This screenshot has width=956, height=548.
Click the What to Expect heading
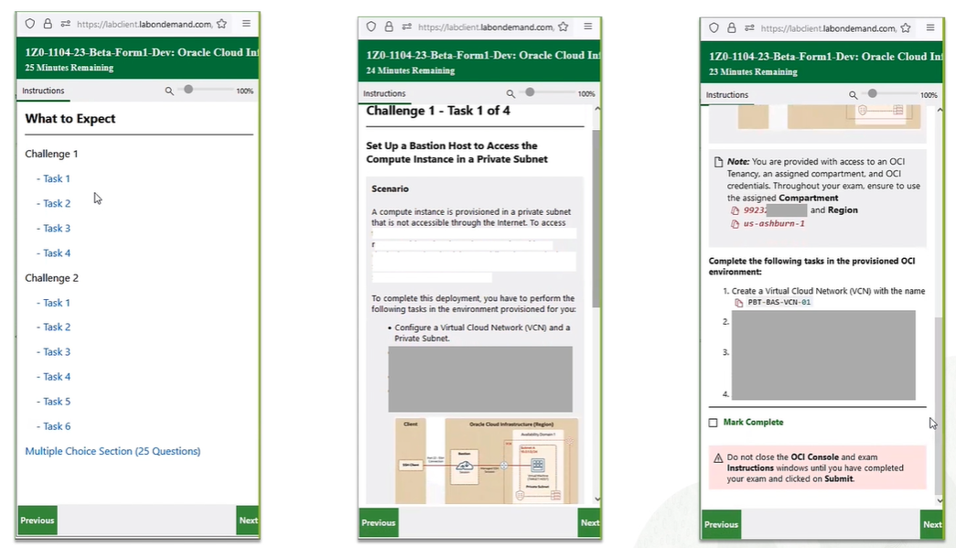[x=70, y=119]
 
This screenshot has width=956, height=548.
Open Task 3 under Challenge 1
[x=56, y=229]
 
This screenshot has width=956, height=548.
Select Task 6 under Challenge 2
[x=56, y=426]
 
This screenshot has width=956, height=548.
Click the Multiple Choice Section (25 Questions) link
[x=113, y=451]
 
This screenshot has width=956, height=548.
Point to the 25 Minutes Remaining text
[x=70, y=68]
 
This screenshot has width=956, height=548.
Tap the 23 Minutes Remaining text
[x=753, y=71]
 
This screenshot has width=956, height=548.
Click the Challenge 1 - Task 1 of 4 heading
[x=438, y=112]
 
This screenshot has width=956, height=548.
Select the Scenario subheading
[x=390, y=189]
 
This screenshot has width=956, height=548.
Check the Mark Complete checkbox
[x=714, y=423]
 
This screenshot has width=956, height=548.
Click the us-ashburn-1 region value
[x=774, y=223]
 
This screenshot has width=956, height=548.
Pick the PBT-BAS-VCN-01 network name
[x=779, y=302]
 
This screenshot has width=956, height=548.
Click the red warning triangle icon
[x=717, y=457]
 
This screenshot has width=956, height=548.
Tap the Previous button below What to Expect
[x=38, y=521]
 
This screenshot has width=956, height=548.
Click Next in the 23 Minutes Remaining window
[x=931, y=524]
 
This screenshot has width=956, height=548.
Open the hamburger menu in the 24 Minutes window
[x=587, y=27]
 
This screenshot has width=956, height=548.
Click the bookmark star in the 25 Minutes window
[x=221, y=24]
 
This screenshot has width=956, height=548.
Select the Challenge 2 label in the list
[x=52, y=278]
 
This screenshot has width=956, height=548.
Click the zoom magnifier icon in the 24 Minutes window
[x=511, y=93]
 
